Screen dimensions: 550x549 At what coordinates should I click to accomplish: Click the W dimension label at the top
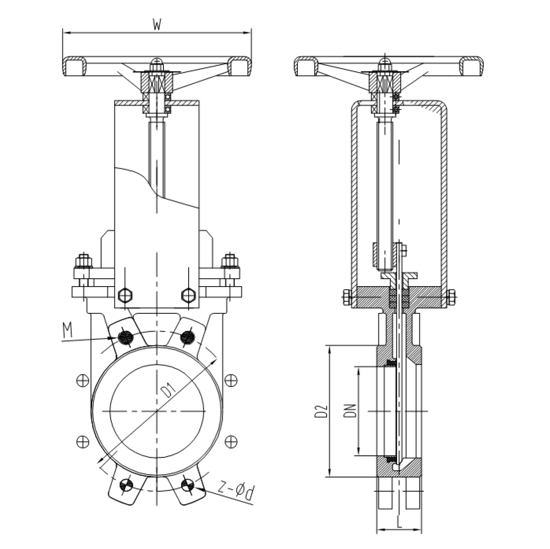pos(157,25)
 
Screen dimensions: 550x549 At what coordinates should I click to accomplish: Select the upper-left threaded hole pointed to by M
pos(126,338)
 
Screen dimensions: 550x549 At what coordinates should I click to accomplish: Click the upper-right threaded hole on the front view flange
pos(187,336)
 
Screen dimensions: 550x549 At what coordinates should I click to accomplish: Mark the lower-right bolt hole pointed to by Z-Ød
pos(188,484)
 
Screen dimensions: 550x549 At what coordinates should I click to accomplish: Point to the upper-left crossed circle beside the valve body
pos(82,381)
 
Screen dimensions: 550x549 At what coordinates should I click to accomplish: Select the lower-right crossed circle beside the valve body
pos(231,442)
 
